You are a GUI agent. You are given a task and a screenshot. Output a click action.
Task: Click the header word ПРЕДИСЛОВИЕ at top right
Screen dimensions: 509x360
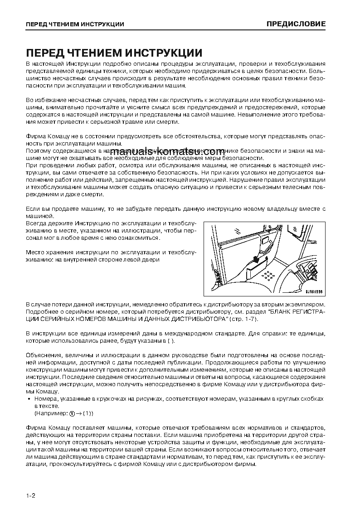(x=296, y=24)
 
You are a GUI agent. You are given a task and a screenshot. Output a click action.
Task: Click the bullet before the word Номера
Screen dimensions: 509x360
(x=29, y=399)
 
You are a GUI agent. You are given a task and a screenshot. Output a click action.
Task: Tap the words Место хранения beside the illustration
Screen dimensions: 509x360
(x=48, y=252)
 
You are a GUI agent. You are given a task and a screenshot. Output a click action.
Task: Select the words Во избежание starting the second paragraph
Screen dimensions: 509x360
(x=44, y=99)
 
